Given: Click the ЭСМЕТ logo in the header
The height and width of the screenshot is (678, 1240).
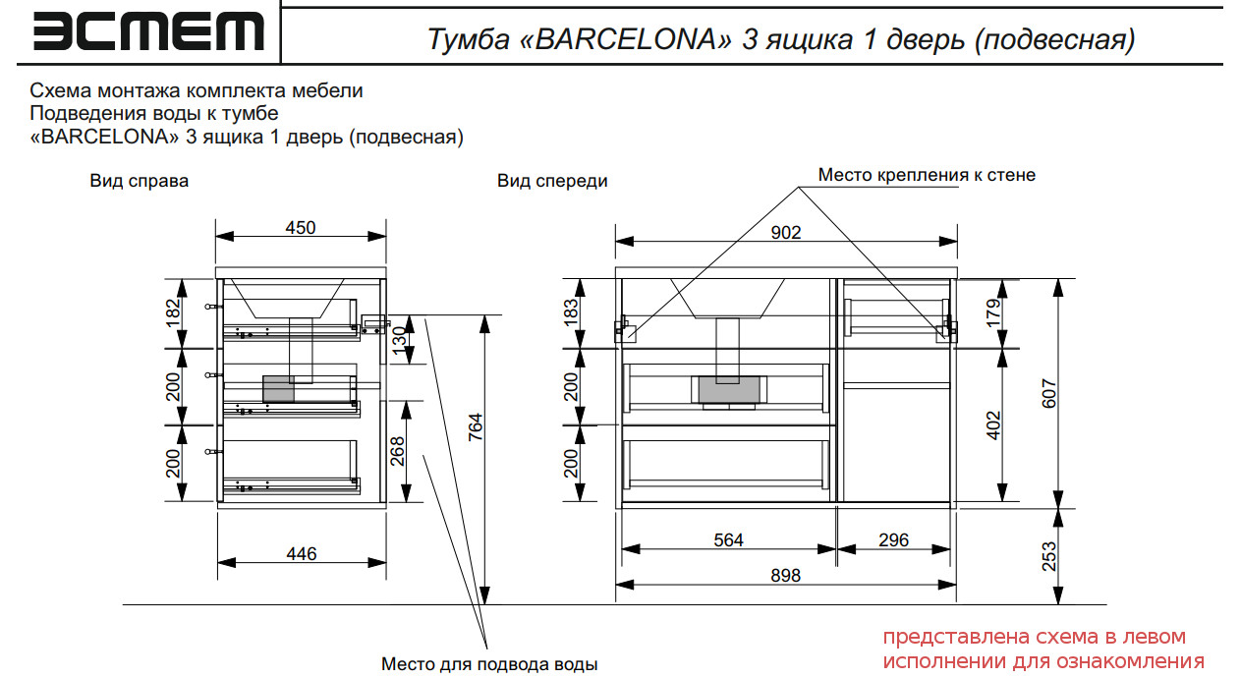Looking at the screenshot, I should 148,31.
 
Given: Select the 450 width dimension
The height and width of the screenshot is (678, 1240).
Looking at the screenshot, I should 301,228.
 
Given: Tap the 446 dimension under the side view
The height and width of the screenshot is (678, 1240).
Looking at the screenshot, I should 301,554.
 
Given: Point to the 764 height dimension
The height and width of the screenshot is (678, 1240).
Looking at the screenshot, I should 475,427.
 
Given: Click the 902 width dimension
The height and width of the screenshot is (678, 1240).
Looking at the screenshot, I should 786,233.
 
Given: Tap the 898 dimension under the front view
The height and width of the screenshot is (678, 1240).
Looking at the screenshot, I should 786,576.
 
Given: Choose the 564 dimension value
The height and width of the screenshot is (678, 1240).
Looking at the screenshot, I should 728,540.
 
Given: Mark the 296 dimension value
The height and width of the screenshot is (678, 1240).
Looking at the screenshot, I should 893,540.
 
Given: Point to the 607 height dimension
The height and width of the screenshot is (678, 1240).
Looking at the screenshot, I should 1049,393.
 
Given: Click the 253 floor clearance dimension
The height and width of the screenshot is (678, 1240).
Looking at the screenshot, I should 1049,556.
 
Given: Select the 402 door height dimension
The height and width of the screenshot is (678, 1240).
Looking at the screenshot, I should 993,425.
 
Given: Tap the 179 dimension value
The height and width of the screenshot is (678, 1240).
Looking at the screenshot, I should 993,311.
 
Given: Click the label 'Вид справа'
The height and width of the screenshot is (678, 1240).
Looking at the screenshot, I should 139,181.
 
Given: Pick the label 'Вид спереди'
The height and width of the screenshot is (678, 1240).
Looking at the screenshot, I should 552,181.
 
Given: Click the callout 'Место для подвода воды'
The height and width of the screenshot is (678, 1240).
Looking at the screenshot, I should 489,664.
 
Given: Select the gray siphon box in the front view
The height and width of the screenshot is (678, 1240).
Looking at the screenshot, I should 726,390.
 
